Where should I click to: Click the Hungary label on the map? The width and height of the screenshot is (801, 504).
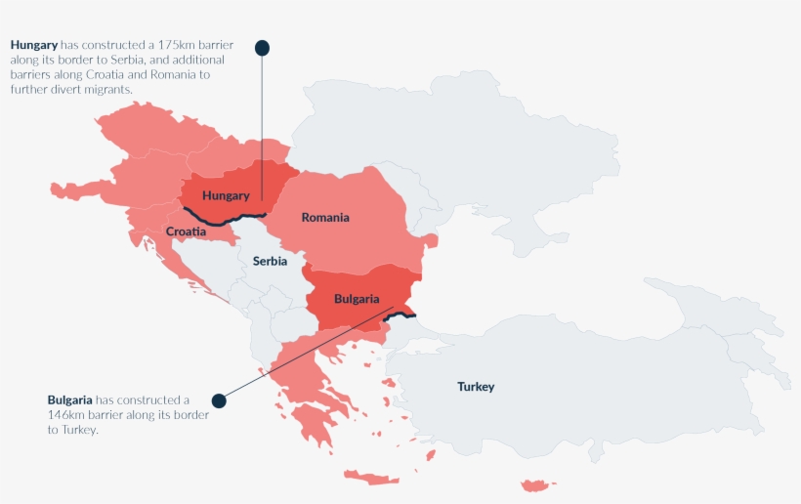tap(226, 195)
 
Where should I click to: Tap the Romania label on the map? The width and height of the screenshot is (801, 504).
tap(324, 217)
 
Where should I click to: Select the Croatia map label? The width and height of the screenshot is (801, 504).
tap(186, 231)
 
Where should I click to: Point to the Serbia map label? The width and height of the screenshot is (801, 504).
tap(270, 261)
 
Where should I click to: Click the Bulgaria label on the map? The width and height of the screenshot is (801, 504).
tap(356, 298)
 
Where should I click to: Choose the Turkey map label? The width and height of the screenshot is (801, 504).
tap(476, 387)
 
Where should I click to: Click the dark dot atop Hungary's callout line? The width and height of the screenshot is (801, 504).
tap(262, 47)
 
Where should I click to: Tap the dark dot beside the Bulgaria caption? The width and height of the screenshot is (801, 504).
tap(219, 400)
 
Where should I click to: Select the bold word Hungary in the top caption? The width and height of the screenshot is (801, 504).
tap(34, 45)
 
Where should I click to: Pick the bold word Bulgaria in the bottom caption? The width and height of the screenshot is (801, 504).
tap(70, 400)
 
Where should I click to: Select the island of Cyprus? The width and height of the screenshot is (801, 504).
tap(538, 485)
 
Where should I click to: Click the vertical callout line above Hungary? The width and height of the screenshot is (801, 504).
tap(262, 127)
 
